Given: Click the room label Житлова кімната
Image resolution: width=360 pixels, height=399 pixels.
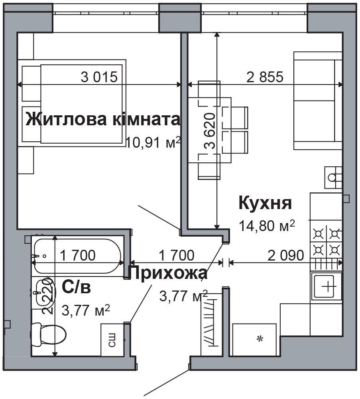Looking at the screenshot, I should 103,119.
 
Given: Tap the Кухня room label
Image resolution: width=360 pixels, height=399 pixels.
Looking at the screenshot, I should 265,203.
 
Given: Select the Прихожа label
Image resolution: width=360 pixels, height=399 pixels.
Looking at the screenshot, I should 168,274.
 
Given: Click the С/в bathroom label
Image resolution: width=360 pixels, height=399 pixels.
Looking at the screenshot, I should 76,287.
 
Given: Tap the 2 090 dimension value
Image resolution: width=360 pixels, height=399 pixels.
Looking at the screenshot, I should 286,255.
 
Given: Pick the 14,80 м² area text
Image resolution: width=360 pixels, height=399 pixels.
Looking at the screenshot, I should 267,226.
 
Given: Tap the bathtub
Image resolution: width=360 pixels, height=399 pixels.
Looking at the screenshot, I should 77,255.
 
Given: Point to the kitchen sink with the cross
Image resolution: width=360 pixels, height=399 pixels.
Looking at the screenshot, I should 327,286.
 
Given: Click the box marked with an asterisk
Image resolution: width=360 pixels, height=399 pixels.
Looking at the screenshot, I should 255,339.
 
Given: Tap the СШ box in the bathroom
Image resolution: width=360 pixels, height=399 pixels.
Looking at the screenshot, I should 112,340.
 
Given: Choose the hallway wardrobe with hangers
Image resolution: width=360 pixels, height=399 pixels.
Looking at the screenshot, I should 210,324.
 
